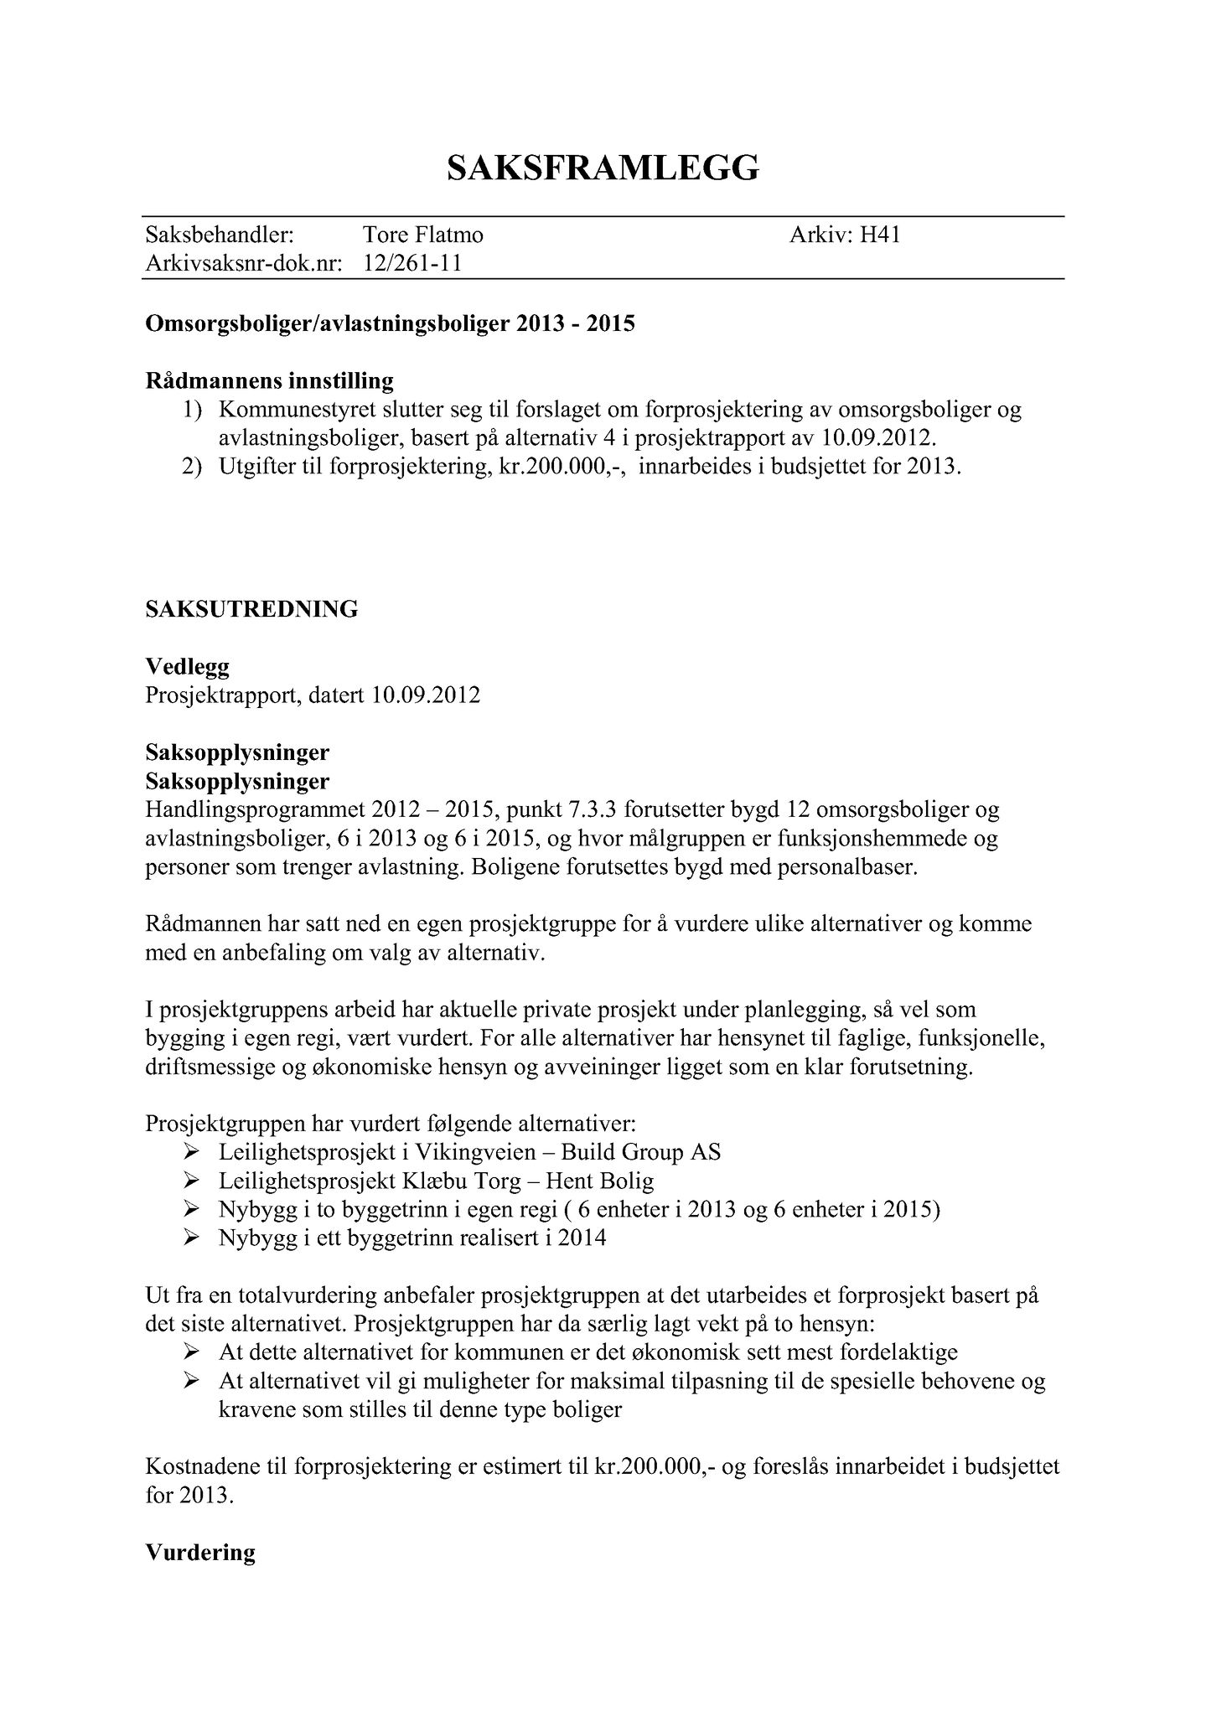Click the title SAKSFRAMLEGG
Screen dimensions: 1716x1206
click(x=603, y=168)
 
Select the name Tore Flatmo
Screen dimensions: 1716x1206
click(x=422, y=235)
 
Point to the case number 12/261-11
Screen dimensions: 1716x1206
click(x=412, y=264)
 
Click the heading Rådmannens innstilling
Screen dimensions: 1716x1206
click(x=269, y=381)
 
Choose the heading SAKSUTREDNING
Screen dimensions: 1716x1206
click(x=251, y=609)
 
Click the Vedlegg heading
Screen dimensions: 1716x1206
click(x=187, y=667)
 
